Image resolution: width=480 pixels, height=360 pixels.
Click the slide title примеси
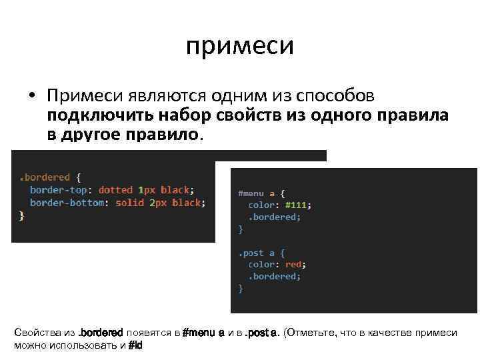pyautogui.click(x=239, y=46)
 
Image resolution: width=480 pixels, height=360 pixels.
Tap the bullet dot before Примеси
pyautogui.click(x=31, y=97)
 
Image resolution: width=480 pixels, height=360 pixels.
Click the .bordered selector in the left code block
pyautogui.click(x=44, y=177)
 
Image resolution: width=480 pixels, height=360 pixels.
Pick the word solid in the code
pyautogui.click(x=130, y=203)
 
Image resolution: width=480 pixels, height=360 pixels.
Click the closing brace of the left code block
pyautogui.click(x=21, y=215)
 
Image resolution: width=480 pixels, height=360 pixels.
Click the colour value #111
pyautogui.click(x=297, y=205)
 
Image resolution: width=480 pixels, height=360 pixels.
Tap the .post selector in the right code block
pyautogui.click(x=253, y=253)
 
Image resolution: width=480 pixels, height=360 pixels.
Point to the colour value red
pyautogui.click(x=293, y=265)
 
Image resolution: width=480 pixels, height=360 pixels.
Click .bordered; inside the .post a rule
pyautogui.click(x=275, y=277)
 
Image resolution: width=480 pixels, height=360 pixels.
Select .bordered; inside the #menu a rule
pyautogui.click(x=275, y=217)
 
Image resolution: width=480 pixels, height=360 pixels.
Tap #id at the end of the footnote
pyautogui.click(x=135, y=346)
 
